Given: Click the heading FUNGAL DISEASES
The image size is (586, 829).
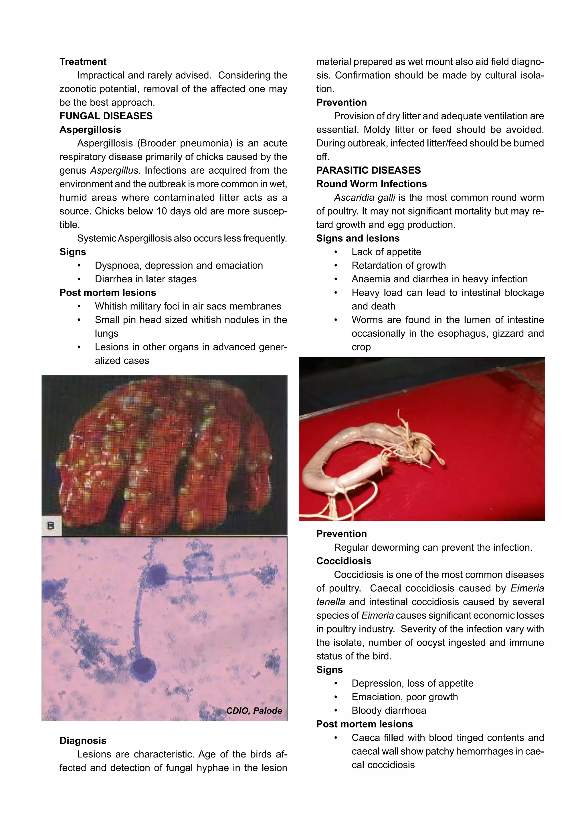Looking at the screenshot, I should (x=106, y=116).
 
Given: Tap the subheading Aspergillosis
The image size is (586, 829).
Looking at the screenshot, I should (x=90, y=130).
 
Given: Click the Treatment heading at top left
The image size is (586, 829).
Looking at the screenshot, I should (x=83, y=62).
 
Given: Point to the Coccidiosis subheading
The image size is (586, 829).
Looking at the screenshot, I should (x=343, y=561).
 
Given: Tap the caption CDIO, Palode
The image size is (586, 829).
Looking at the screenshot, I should (x=254, y=711).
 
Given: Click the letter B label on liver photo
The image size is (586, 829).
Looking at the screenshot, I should (x=51, y=526).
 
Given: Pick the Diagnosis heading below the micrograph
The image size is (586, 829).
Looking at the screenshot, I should (x=83, y=741).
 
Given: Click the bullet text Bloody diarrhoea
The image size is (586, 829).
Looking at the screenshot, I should (x=389, y=710).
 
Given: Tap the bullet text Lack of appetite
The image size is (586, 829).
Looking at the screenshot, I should (x=386, y=252).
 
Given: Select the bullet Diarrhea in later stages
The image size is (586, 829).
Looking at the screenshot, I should (x=146, y=279).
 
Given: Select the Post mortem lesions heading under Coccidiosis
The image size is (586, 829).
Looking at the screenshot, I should (x=364, y=724).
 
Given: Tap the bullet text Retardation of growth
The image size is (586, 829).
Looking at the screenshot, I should (x=398, y=265).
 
